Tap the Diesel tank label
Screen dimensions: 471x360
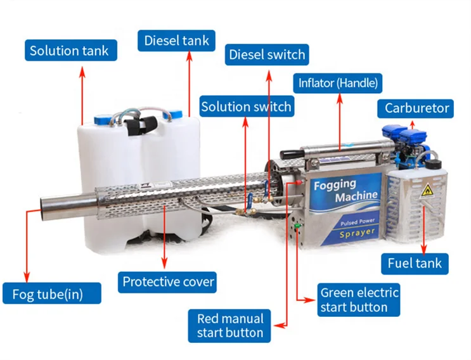176,41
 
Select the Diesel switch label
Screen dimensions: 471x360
267,55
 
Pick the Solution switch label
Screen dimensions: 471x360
246,106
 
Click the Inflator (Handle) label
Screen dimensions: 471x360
339,82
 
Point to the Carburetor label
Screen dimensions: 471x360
416,108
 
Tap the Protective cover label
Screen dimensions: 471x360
169,281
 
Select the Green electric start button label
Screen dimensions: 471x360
359,300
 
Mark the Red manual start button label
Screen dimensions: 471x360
229,326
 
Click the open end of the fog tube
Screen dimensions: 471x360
46,206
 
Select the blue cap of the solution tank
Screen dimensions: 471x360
104,119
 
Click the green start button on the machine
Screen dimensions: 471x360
295,225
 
